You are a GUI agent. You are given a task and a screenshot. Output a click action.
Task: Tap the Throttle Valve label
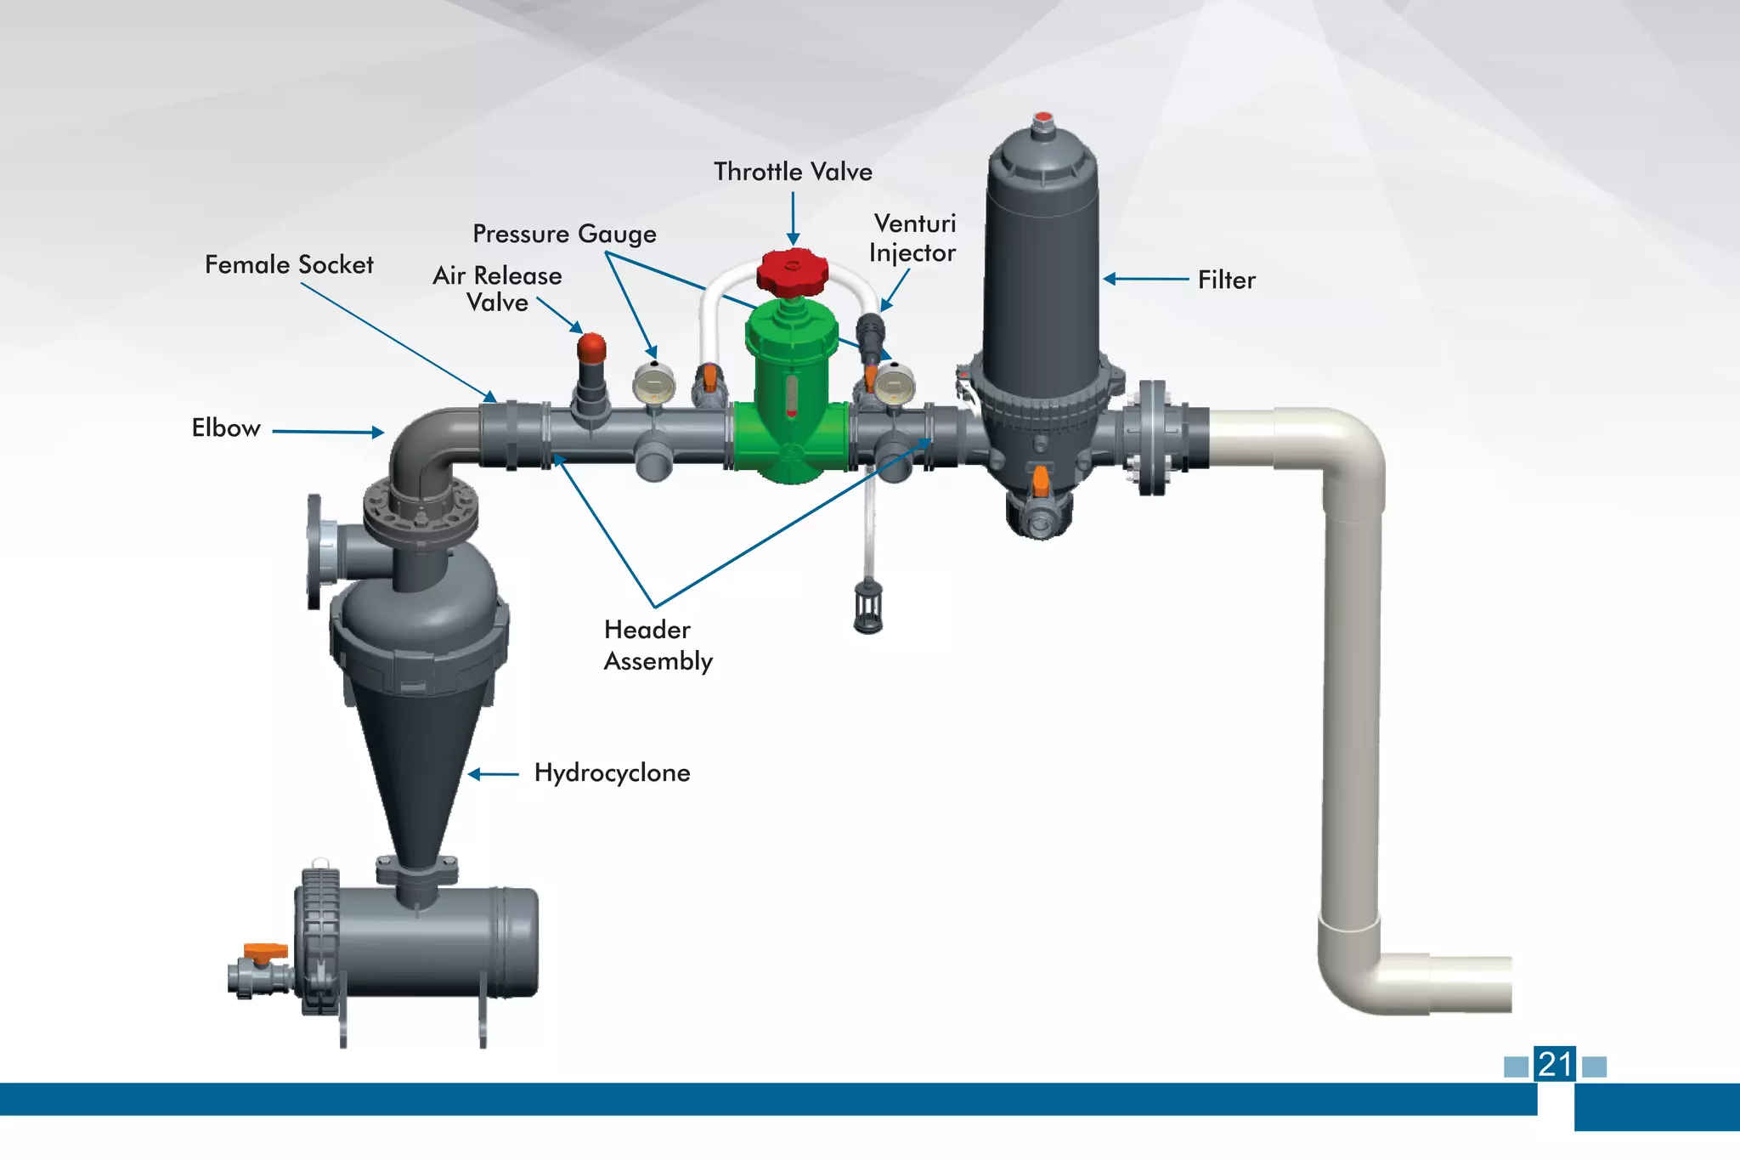click(793, 172)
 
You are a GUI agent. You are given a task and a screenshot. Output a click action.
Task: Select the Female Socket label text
click(289, 265)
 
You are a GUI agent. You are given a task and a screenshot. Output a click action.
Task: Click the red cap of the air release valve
click(591, 347)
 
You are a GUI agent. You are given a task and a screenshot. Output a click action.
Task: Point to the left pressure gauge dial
click(653, 385)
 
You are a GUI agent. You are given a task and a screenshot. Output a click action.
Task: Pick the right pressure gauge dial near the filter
click(894, 385)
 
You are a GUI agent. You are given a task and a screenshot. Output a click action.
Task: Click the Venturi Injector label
click(913, 238)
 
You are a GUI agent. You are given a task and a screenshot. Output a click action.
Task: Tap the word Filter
click(1226, 280)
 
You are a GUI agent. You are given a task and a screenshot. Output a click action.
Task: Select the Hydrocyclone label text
click(612, 772)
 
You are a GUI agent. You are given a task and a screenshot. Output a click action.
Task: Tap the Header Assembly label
click(658, 645)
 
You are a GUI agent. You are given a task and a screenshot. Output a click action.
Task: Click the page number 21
click(1555, 1065)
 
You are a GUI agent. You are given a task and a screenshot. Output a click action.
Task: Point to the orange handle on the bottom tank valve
click(265, 950)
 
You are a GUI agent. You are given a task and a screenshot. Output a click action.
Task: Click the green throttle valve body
click(791, 399)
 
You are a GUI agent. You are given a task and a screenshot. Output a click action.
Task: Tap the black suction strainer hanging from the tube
click(867, 607)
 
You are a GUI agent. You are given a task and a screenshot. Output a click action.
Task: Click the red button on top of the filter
click(1043, 117)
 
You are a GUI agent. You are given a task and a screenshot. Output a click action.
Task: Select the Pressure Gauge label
click(564, 234)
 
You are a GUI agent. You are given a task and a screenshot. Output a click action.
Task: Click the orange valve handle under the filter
click(1040, 481)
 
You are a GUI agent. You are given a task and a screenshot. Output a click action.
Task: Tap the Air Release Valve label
click(497, 289)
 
